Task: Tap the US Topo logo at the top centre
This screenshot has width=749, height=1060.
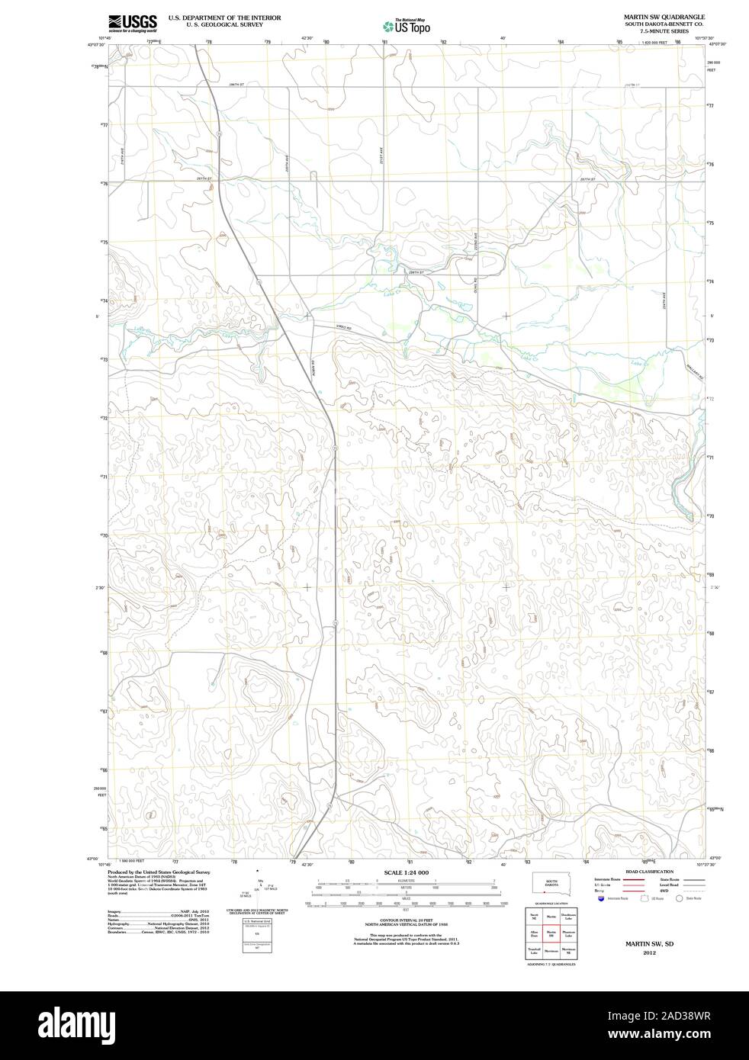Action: point(406,26)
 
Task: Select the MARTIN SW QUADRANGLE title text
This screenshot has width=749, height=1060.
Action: point(664,16)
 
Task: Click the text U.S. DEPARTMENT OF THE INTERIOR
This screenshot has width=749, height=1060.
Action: point(224,17)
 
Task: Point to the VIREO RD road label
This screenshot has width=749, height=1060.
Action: point(345,328)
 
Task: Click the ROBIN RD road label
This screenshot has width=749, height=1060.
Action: point(312,367)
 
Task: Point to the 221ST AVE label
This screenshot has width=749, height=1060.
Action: point(380,156)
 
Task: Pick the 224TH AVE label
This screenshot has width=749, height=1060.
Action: point(664,299)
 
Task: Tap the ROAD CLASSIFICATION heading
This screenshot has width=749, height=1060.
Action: point(648,871)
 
